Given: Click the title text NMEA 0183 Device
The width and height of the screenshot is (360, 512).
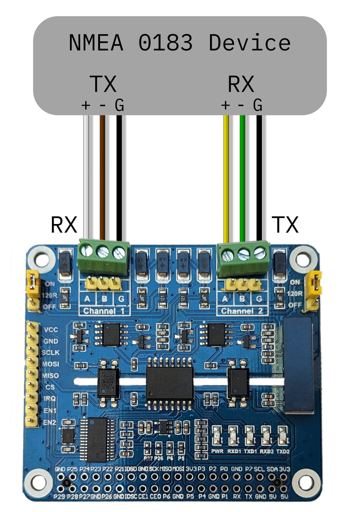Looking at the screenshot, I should click(180, 43).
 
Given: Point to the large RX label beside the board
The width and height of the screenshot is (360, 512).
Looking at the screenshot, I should click(64, 225).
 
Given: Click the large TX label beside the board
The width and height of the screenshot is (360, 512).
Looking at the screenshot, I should click(285, 225).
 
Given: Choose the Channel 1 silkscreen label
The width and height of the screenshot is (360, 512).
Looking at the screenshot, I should click(104, 311).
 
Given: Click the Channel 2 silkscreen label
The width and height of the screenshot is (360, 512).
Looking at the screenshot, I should click(242, 311).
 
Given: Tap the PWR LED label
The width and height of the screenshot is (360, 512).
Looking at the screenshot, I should click(217, 451).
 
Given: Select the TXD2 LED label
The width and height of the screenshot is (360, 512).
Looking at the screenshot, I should click(283, 451).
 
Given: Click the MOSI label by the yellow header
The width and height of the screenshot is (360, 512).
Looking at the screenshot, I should click(50, 364).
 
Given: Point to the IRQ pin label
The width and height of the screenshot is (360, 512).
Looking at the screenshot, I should click(50, 398).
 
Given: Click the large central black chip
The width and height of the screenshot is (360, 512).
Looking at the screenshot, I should click(169, 383).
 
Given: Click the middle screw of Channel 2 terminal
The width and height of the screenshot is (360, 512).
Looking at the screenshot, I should click(244, 254).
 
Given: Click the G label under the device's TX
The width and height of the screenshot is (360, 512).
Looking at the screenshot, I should click(119, 105).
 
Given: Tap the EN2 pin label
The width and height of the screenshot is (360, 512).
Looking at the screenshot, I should click(49, 423).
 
